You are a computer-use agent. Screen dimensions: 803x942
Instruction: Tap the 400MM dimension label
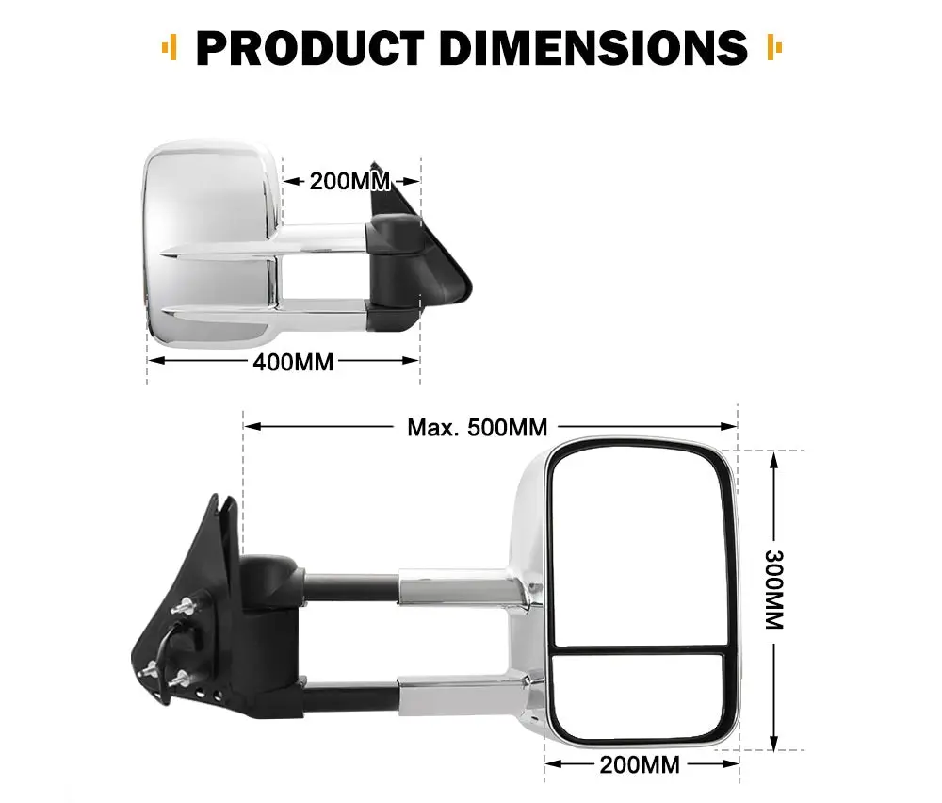[x=293, y=361]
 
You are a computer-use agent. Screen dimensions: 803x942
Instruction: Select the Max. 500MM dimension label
[x=477, y=427]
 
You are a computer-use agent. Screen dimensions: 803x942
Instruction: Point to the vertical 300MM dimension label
[x=774, y=591]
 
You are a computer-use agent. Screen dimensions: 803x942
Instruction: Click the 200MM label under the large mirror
[x=641, y=764]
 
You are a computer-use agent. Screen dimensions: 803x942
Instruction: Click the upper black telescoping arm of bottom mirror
[x=349, y=586]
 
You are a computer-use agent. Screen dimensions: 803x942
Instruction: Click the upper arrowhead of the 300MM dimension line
[x=773, y=459]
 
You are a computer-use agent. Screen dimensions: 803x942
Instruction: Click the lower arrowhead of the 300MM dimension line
[x=773, y=741]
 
